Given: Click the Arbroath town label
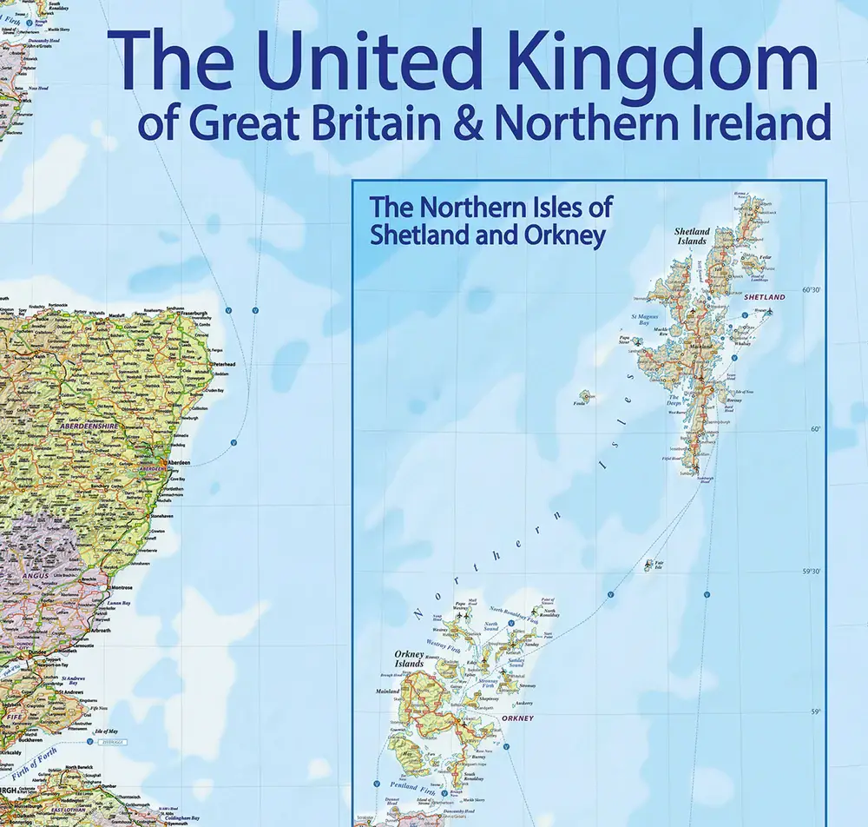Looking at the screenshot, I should click(102, 630).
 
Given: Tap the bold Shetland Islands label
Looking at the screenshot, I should click(692, 235).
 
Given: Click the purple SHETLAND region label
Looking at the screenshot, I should click(764, 297).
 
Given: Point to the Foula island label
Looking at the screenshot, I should click(580, 403).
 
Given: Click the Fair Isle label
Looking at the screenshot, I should click(659, 564).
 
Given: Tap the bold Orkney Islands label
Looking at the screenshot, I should click(409, 658).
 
